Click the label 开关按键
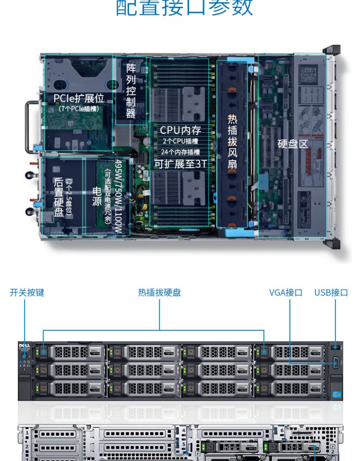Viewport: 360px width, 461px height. (x=27, y=292)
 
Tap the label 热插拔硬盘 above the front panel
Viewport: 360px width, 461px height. (x=159, y=292)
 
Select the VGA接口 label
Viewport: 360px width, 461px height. (x=286, y=292)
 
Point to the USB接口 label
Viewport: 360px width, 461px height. (x=331, y=292)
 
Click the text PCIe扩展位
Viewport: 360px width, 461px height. (x=79, y=99)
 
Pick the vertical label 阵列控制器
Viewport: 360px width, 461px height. (x=131, y=90)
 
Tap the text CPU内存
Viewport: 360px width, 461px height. (x=180, y=130)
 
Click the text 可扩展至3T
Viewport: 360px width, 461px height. (x=180, y=164)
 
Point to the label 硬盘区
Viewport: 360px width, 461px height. (x=293, y=144)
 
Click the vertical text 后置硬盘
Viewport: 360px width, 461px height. (x=59, y=197)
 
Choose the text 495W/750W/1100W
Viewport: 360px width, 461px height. (x=119, y=197)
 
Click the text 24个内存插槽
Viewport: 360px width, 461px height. (x=180, y=152)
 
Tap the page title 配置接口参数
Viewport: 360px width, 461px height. (x=185, y=8)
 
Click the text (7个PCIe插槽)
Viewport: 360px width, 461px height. (x=79, y=109)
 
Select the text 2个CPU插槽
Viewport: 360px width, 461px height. (x=180, y=141)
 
